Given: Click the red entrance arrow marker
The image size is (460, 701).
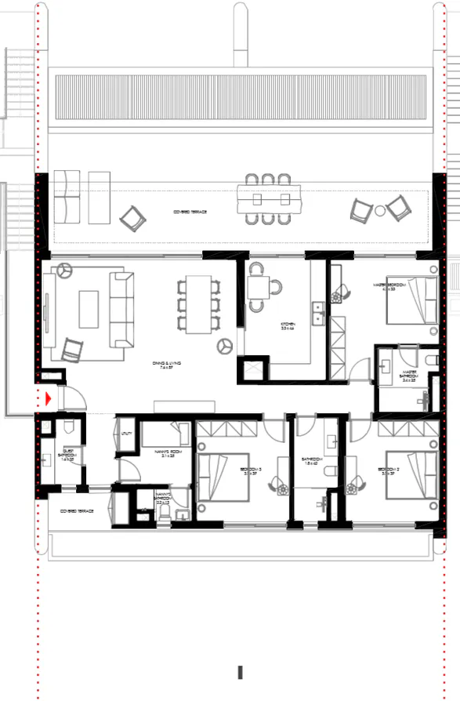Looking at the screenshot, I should (49, 399).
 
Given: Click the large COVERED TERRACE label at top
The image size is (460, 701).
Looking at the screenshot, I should (190, 212).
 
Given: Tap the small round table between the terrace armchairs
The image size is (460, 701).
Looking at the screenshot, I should (380, 210).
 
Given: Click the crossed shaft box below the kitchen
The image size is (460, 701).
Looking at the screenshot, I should (256, 369).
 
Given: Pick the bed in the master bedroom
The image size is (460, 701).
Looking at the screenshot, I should (412, 301).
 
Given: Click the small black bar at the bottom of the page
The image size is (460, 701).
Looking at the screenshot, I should (241, 672).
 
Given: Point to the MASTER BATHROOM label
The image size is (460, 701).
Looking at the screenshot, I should (410, 377).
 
